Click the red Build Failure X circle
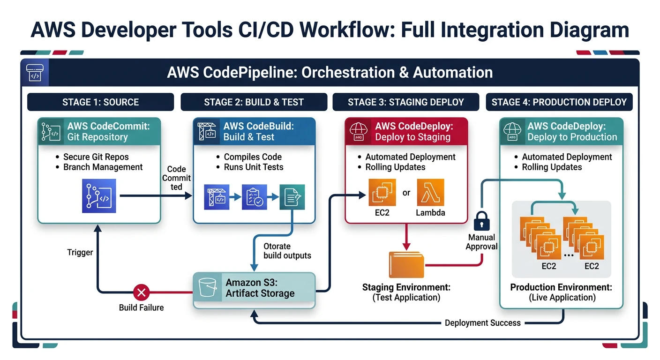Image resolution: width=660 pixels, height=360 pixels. click(141, 293)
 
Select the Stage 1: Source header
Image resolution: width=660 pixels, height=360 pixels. click(100, 102)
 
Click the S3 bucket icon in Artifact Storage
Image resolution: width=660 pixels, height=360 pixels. click(208, 288)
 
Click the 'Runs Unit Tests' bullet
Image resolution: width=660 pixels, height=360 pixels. click(253, 167)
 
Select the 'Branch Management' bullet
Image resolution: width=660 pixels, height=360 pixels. click(103, 167)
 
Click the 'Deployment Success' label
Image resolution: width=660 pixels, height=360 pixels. click(482, 322)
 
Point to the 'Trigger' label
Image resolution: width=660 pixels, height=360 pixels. click(80, 252)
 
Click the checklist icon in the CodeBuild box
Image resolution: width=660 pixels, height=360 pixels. click(254, 197)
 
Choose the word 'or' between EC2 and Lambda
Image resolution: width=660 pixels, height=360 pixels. click(406, 193)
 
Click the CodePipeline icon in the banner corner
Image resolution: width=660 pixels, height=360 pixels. click(34, 73)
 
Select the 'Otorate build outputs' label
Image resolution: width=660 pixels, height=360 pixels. click(287, 251)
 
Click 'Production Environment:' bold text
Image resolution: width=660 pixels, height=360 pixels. click(561, 287)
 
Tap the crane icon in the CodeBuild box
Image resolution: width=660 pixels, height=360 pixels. click(217, 197)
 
